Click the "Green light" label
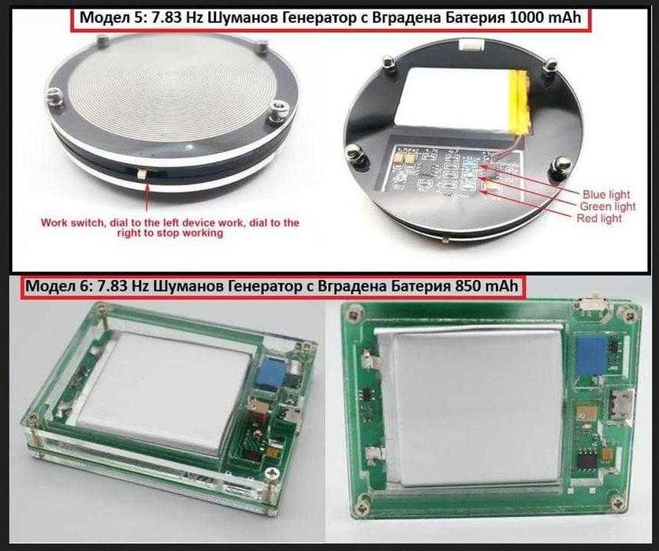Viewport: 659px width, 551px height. coord(608,207)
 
